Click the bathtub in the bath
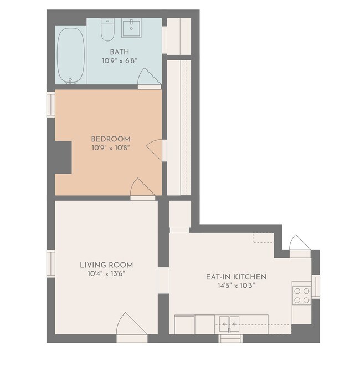(71, 55)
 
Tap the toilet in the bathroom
(107, 29)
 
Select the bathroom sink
(131, 28)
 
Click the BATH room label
(120, 52)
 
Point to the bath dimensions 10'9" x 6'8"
(120, 61)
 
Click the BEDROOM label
(111, 139)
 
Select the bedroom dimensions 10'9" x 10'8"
(111, 148)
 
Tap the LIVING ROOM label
(106, 265)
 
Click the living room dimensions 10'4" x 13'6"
(106, 274)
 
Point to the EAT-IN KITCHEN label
(236, 277)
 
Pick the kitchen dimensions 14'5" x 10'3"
(236, 286)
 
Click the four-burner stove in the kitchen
(302, 296)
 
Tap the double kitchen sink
(229, 324)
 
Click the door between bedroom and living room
(142, 187)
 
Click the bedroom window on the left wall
(51, 105)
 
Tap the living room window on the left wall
(51, 264)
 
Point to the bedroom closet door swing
(155, 150)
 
